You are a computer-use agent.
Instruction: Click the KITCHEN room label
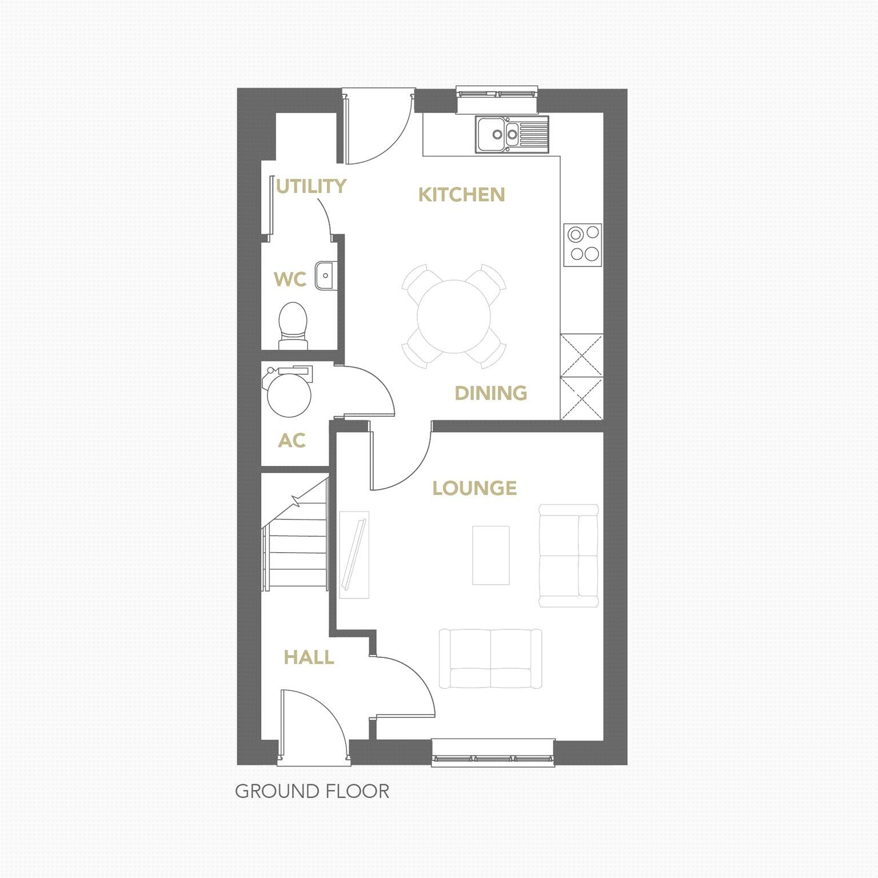[x=461, y=195]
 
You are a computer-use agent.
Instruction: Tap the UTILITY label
[x=311, y=186]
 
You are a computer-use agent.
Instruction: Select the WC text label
[x=290, y=280]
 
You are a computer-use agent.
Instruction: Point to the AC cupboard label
[x=292, y=441]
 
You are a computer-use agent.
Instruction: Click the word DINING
[x=490, y=393]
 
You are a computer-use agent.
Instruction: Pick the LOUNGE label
[x=474, y=488]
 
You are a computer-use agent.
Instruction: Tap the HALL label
[x=309, y=658]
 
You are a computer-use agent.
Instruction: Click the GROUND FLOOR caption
[x=312, y=792]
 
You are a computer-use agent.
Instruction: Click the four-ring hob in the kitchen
[x=582, y=245]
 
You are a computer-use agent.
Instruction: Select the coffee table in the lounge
[x=490, y=556]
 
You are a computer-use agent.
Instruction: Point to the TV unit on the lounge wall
[x=354, y=554]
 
